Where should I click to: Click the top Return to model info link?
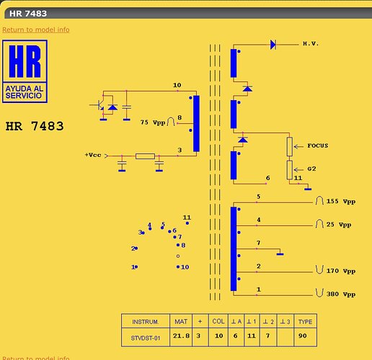point(36,30)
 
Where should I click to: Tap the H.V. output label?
point(311,44)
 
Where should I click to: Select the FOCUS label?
point(318,145)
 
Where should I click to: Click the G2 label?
point(311,169)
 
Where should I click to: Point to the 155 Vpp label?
point(341,201)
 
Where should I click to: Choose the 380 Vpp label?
point(341,294)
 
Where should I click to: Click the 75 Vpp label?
point(153,122)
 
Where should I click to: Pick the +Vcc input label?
point(93,155)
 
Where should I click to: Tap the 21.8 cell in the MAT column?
point(181,336)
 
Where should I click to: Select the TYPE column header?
point(305,322)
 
